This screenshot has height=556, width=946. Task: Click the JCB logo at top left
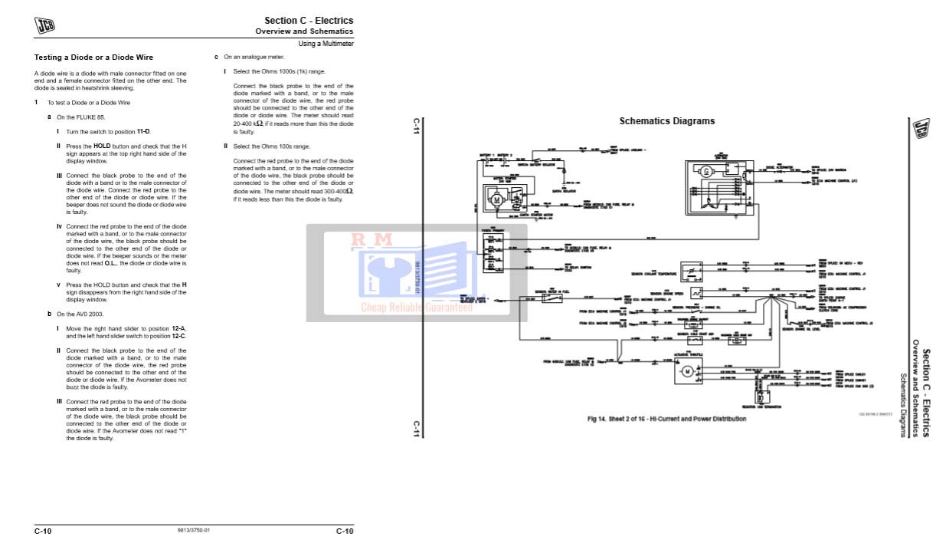(44, 25)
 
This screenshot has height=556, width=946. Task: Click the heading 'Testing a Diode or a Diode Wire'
(93, 58)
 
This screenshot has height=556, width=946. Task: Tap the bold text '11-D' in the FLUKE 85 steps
(143, 132)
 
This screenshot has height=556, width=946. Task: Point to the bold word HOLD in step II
(103, 146)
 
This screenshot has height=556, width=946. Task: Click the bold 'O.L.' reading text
(110, 263)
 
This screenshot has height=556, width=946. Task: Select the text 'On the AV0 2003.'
(80, 314)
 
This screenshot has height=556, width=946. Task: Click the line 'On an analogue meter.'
(254, 57)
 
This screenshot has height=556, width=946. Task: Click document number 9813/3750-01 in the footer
(193, 531)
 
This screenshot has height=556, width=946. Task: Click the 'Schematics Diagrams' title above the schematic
(666, 121)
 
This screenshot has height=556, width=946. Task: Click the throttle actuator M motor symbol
(687, 372)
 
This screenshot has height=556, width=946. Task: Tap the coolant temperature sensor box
(693, 271)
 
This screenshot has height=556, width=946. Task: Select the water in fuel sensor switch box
(552, 298)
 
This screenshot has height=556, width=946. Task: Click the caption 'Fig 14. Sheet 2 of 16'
(666, 419)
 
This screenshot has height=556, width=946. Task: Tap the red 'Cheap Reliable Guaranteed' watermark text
(417, 307)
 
